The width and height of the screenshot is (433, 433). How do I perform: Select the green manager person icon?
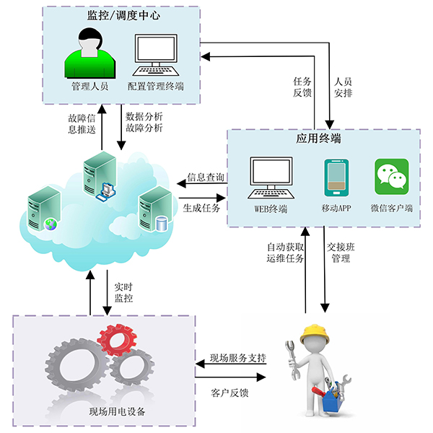[x=89, y=53]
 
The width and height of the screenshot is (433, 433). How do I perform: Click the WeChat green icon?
[x=391, y=177]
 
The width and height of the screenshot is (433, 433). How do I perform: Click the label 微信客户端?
[x=391, y=209]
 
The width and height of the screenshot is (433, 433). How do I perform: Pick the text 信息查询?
[x=206, y=177]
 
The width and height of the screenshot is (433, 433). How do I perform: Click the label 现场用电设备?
[x=117, y=412]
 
